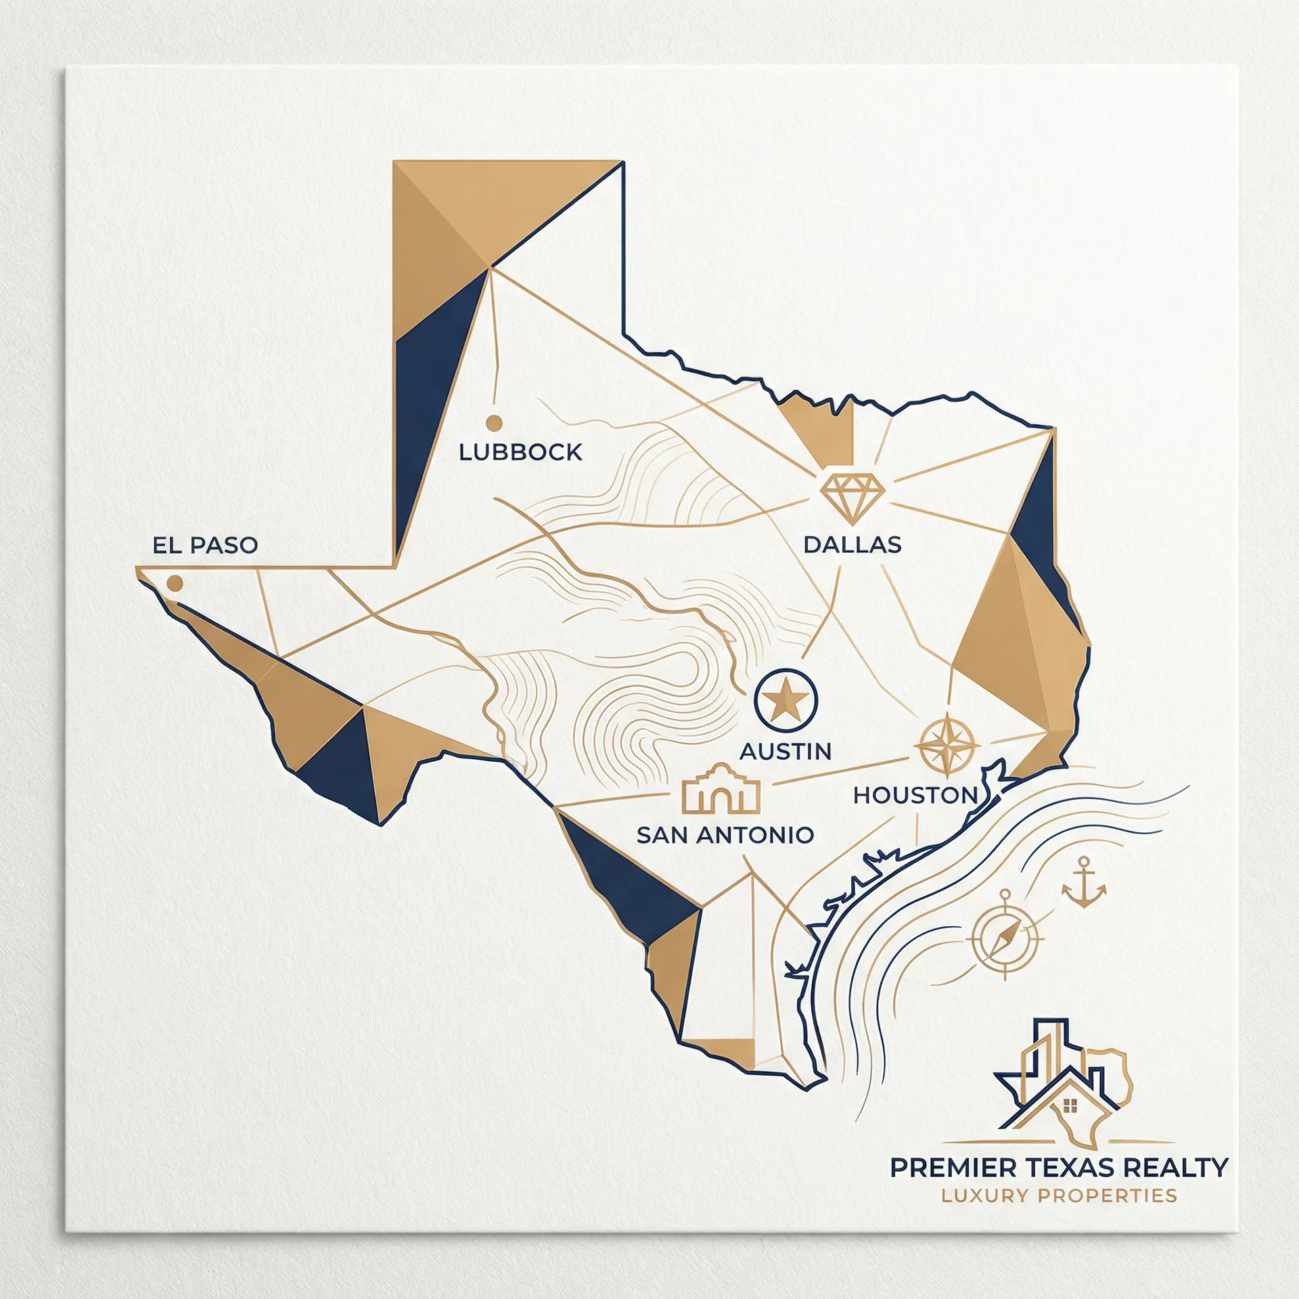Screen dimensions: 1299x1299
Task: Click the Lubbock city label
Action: pyautogui.click(x=520, y=452)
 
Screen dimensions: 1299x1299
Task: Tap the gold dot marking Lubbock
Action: pyautogui.click(x=494, y=423)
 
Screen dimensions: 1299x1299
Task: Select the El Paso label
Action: pyautogui.click(x=205, y=545)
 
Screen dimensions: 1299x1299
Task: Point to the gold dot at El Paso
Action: pyautogui.click(x=175, y=583)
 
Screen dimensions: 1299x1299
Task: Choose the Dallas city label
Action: pyautogui.click(x=852, y=545)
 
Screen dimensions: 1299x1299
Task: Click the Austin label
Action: pyautogui.click(x=785, y=751)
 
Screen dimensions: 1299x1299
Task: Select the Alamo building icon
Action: pyautogui.click(x=721, y=790)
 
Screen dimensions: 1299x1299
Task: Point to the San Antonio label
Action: pyautogui.click(x=725, y=835)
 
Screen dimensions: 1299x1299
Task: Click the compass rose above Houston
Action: pyautogui.click(x=947, y=745)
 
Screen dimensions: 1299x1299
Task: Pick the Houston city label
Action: pyautogui.click(x=915, y=795)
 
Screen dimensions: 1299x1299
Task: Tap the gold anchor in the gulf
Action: pyautogui.click(x=1084, y=882)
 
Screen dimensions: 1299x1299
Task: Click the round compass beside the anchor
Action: pyautogui.click(x=1005, y=938)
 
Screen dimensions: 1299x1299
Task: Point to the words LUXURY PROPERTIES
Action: pyautogui.click(x=1059, y=1195)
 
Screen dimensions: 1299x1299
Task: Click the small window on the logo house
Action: pyautogui.click(x=1070, y=1106)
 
